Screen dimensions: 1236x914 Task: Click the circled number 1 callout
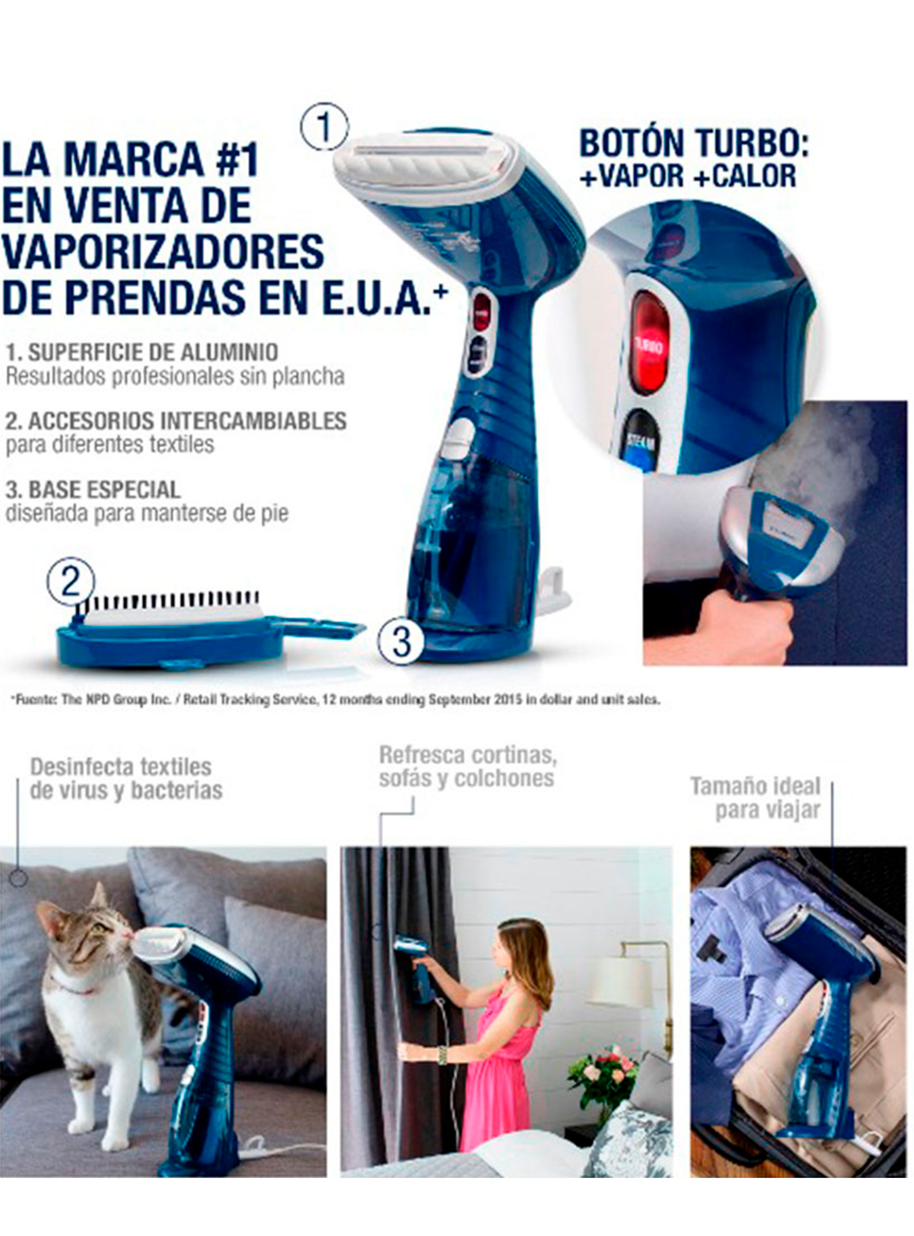(x=324, y=126)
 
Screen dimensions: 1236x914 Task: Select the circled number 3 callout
(x=402, y=642)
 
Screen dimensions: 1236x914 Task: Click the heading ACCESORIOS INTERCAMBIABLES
(x=176, y=421)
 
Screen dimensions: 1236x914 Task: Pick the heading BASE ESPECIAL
(x=93, y=489)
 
